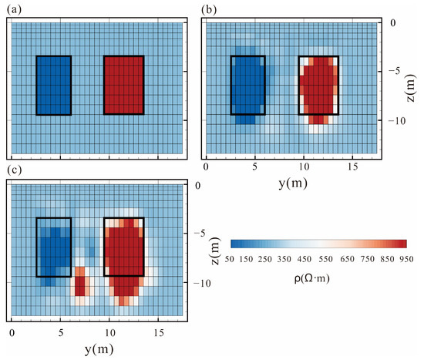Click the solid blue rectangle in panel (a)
tap(53, 85)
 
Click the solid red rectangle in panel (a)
tap(123, 85)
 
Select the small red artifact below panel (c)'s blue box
tap(80, 281)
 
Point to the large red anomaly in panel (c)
tap(123, 254)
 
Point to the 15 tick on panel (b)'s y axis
tap(352, 167)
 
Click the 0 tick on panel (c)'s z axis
tap(197, 186)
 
